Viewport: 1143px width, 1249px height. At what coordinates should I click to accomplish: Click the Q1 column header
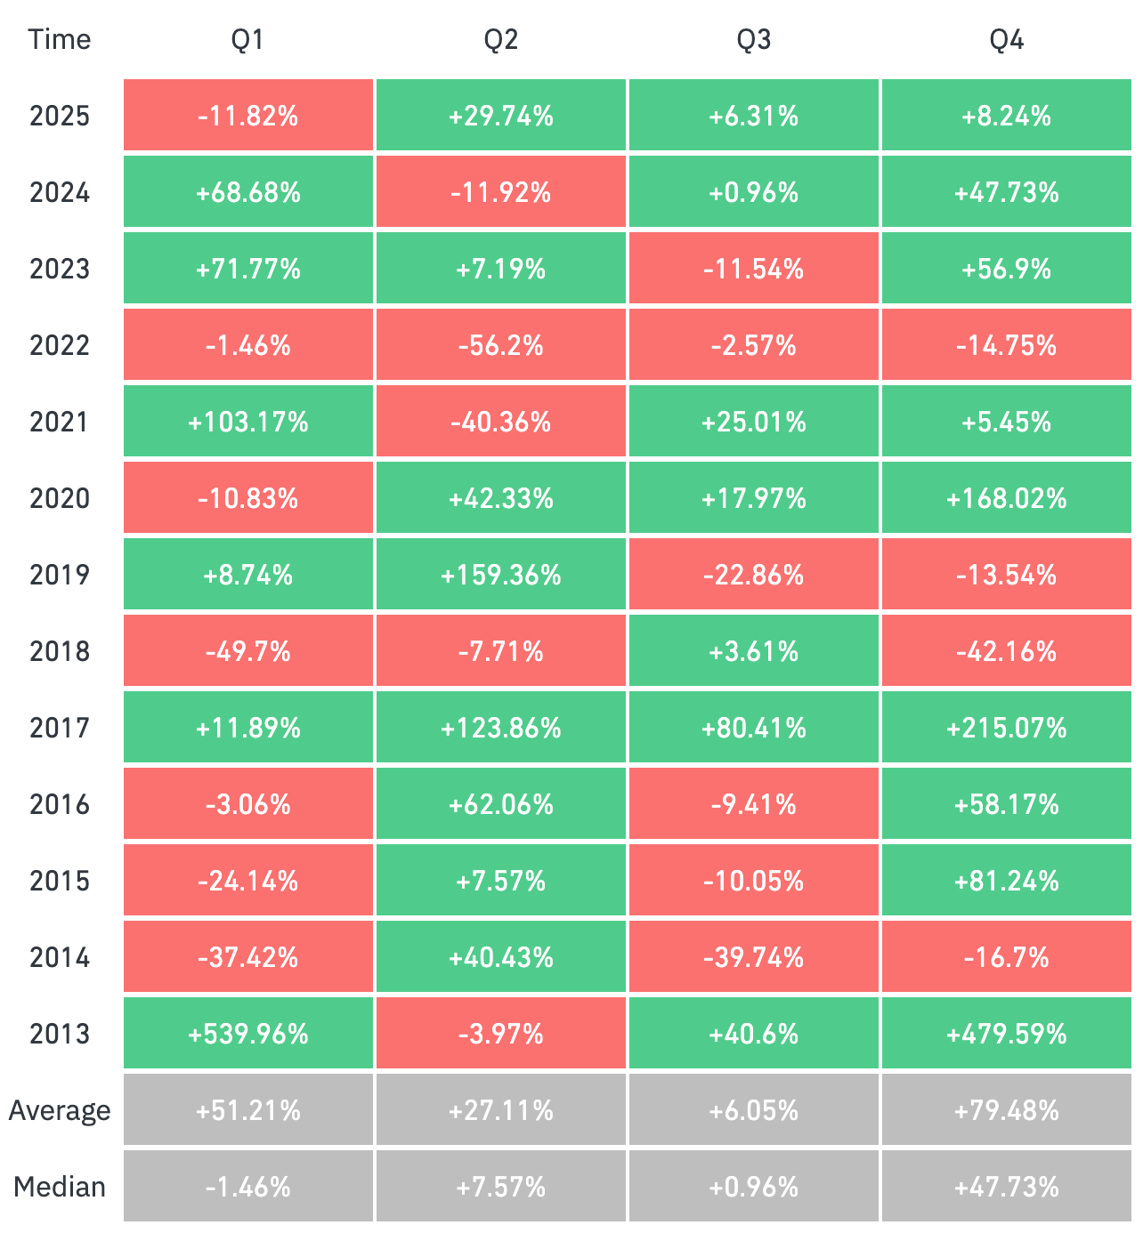(x=247, y=40)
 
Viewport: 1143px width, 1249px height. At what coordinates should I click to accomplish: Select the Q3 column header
(x=753, y=40)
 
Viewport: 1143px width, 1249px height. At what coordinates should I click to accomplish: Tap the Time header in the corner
(x=59, y=40)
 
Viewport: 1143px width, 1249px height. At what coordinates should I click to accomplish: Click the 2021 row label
(x=59, y=422)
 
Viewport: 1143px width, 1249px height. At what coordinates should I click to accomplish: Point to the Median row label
(x=59, y=1187)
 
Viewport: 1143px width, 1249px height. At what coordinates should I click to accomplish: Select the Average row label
(x=59, y=1110)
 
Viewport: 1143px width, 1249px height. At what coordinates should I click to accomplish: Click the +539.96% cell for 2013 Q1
(x=247, y=1034)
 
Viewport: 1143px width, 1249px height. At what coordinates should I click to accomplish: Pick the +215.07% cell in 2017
(x=1006, y=728)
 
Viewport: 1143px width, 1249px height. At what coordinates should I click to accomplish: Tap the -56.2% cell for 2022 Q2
(x=500, y=345)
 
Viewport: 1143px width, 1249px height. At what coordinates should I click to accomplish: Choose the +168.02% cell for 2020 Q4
(x=1006, y=498)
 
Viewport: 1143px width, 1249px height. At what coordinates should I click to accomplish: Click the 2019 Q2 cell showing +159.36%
(x=500, y=575)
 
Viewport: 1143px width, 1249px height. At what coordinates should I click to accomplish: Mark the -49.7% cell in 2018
(x=247, y=651)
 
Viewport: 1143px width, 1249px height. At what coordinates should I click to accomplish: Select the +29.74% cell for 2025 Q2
(x=500, y=116)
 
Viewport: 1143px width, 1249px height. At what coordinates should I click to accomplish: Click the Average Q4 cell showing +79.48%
(x=1006, y=1110)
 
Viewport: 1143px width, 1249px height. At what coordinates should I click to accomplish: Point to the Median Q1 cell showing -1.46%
(x=247, y=1187)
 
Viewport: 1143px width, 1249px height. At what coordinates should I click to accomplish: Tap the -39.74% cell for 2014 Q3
(x=753, y=957)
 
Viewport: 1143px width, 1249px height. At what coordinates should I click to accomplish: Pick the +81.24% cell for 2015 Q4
(x=1006, y=881)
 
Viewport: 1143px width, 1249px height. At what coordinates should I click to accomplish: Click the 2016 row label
(x=59, y=804)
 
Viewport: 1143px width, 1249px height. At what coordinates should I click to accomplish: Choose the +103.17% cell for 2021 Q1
(x=247, y=422)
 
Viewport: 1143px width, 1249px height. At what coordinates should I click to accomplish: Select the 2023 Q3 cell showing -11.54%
(x=753, y=269)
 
